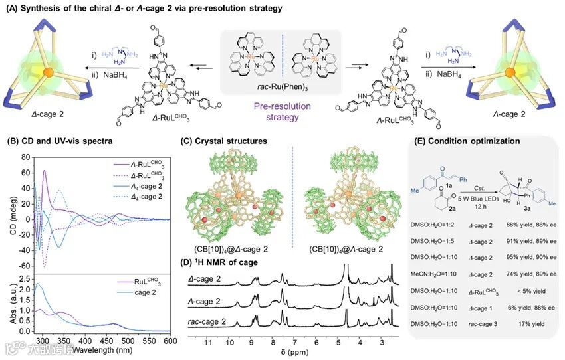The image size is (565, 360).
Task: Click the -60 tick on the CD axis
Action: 26,266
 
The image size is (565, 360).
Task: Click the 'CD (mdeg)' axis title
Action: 9,212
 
